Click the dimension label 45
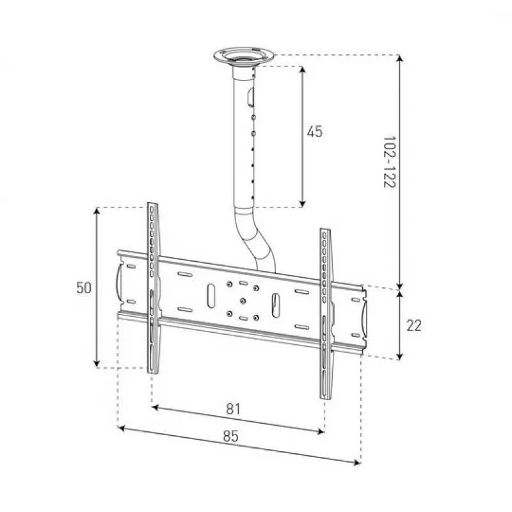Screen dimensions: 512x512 click(x=314, y=132)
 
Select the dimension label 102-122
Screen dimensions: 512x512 click(x=389, y=162)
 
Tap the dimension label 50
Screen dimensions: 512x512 click(x=84, y=287)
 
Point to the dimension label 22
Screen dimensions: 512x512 click(x=414, y=326)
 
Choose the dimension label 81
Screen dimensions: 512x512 click(x=234, y=409)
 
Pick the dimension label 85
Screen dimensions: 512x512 click(x=231, y=436)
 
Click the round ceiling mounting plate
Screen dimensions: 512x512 click(x=244, y=56)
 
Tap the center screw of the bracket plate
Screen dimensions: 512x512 click(x=243, y=301)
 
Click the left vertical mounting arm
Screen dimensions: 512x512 click(x=153, y=288)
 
